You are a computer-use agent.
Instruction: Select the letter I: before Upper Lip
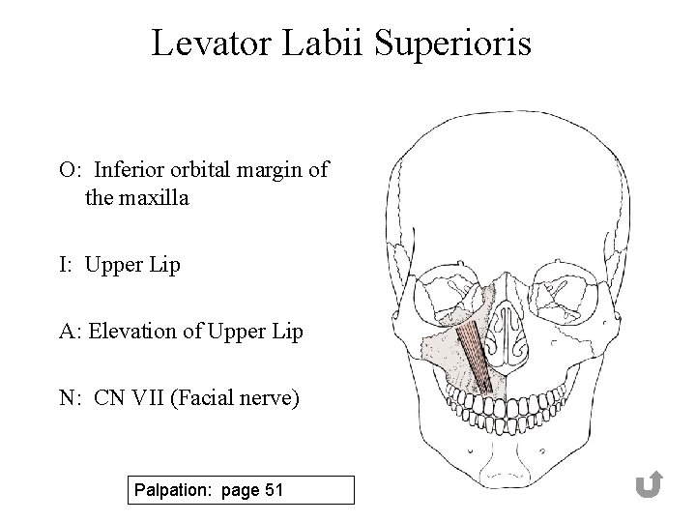[68, 265]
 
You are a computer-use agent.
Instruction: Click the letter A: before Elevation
[70, 332]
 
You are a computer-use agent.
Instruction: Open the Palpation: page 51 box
[241, 490]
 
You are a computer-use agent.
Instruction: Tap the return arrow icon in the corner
[648, 485]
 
